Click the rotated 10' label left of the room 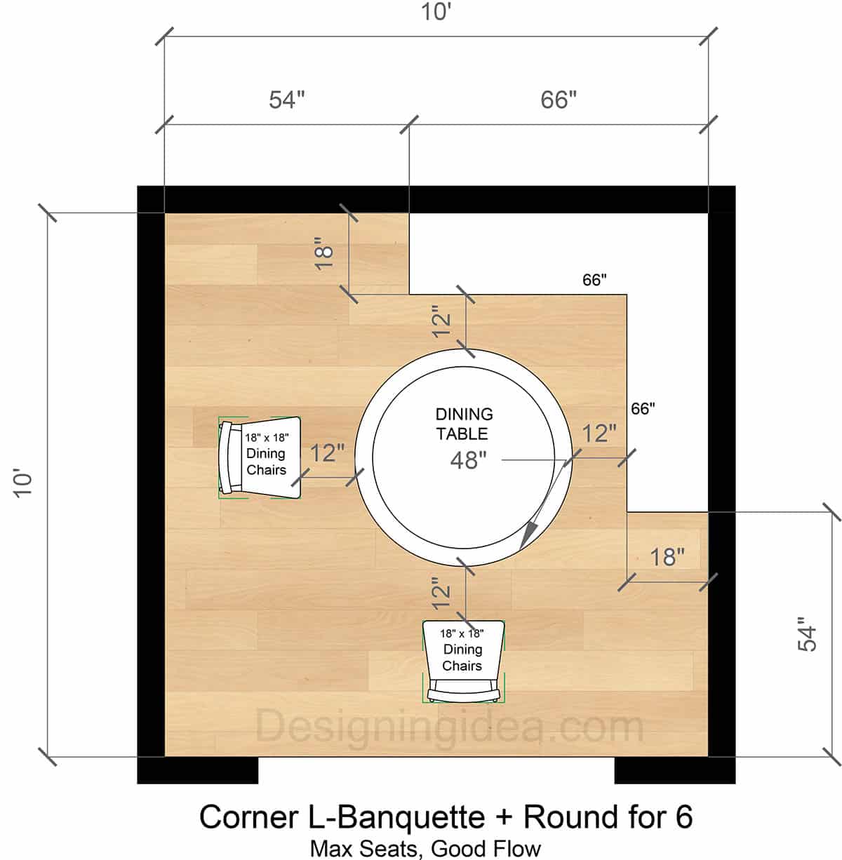(x=23, y=484)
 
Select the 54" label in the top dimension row (x=287, y=100)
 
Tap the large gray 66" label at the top (x=559, y=100)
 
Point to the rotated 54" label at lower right (x=808, y=634)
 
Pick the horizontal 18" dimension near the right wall (x=667, y=557)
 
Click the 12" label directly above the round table (x=442, y=321)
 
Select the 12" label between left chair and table (x=327, y=453)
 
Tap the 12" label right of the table (x=599, y=434)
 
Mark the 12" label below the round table (x=442, y=592)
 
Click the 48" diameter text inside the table (x=468, y=461)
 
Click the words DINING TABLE (x=464, y=424)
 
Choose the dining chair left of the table (x=260, y=457)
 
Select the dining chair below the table (x=463, y=661)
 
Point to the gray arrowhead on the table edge (x=528, y=535)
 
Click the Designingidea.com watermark (x=449, y=727)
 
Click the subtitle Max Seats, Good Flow (x=425, y=848)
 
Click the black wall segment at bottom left (x=197, y=770)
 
